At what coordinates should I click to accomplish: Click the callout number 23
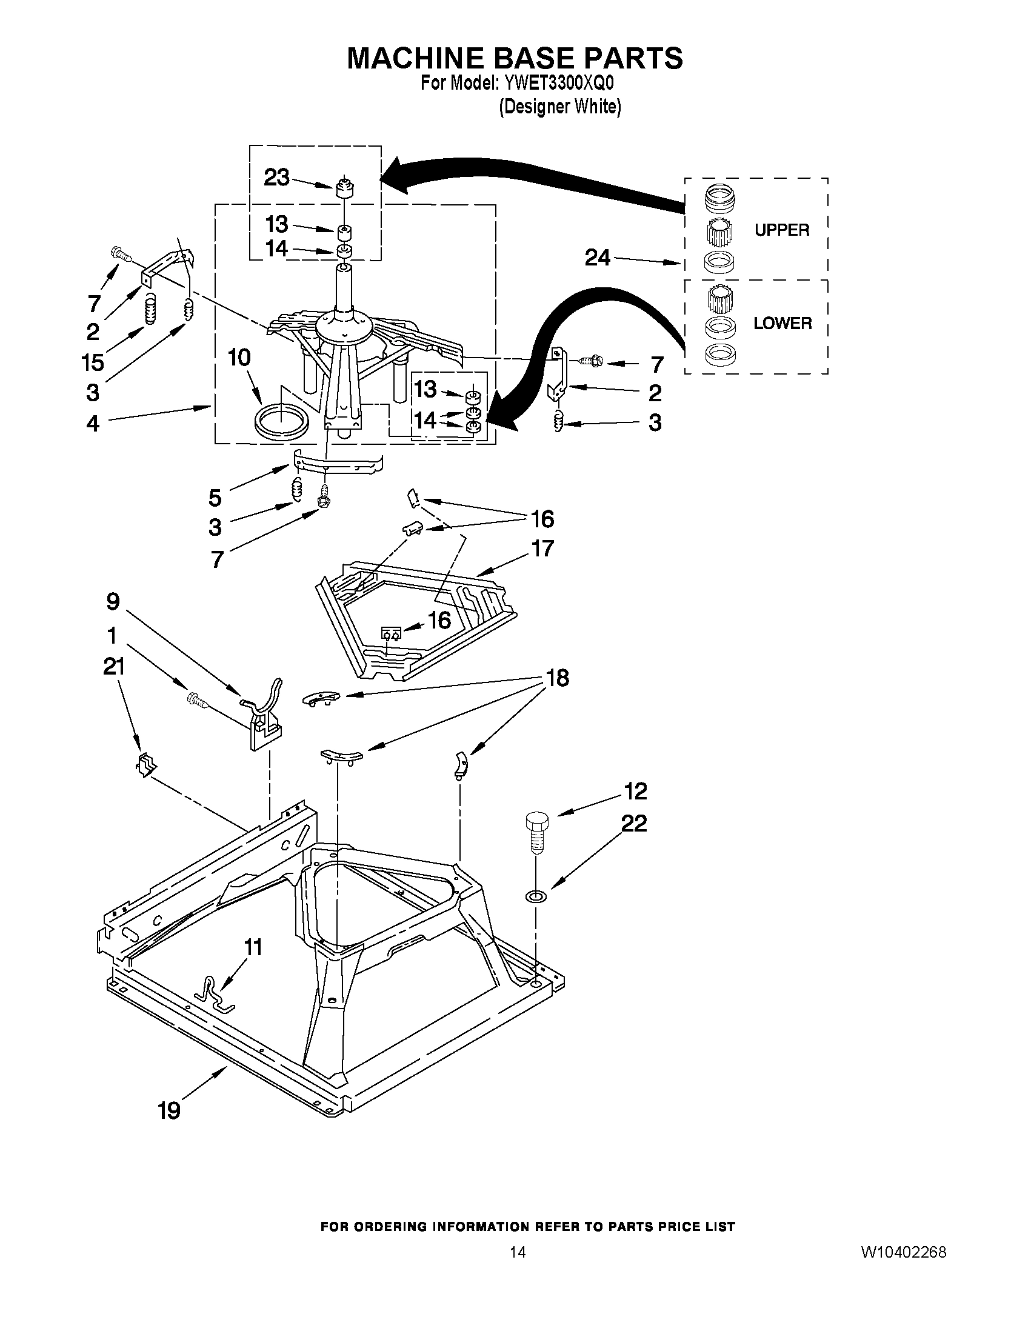(x=276, y=178)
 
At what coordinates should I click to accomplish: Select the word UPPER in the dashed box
(x=781, y=230)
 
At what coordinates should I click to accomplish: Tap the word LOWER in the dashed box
(x=782, y=323)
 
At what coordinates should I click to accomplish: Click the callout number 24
(x=598, y=258)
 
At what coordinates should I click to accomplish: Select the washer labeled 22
(x=536, y=896)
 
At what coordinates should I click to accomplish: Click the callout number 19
(x=169, y=1110)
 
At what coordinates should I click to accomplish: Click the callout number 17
(x=542, y=548)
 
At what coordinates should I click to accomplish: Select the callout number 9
(x=113, y=602)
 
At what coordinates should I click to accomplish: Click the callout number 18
(x=557, y=678)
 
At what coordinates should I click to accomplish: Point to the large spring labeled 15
(x=150, y=310)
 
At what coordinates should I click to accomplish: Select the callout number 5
(x=215, y=498)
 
